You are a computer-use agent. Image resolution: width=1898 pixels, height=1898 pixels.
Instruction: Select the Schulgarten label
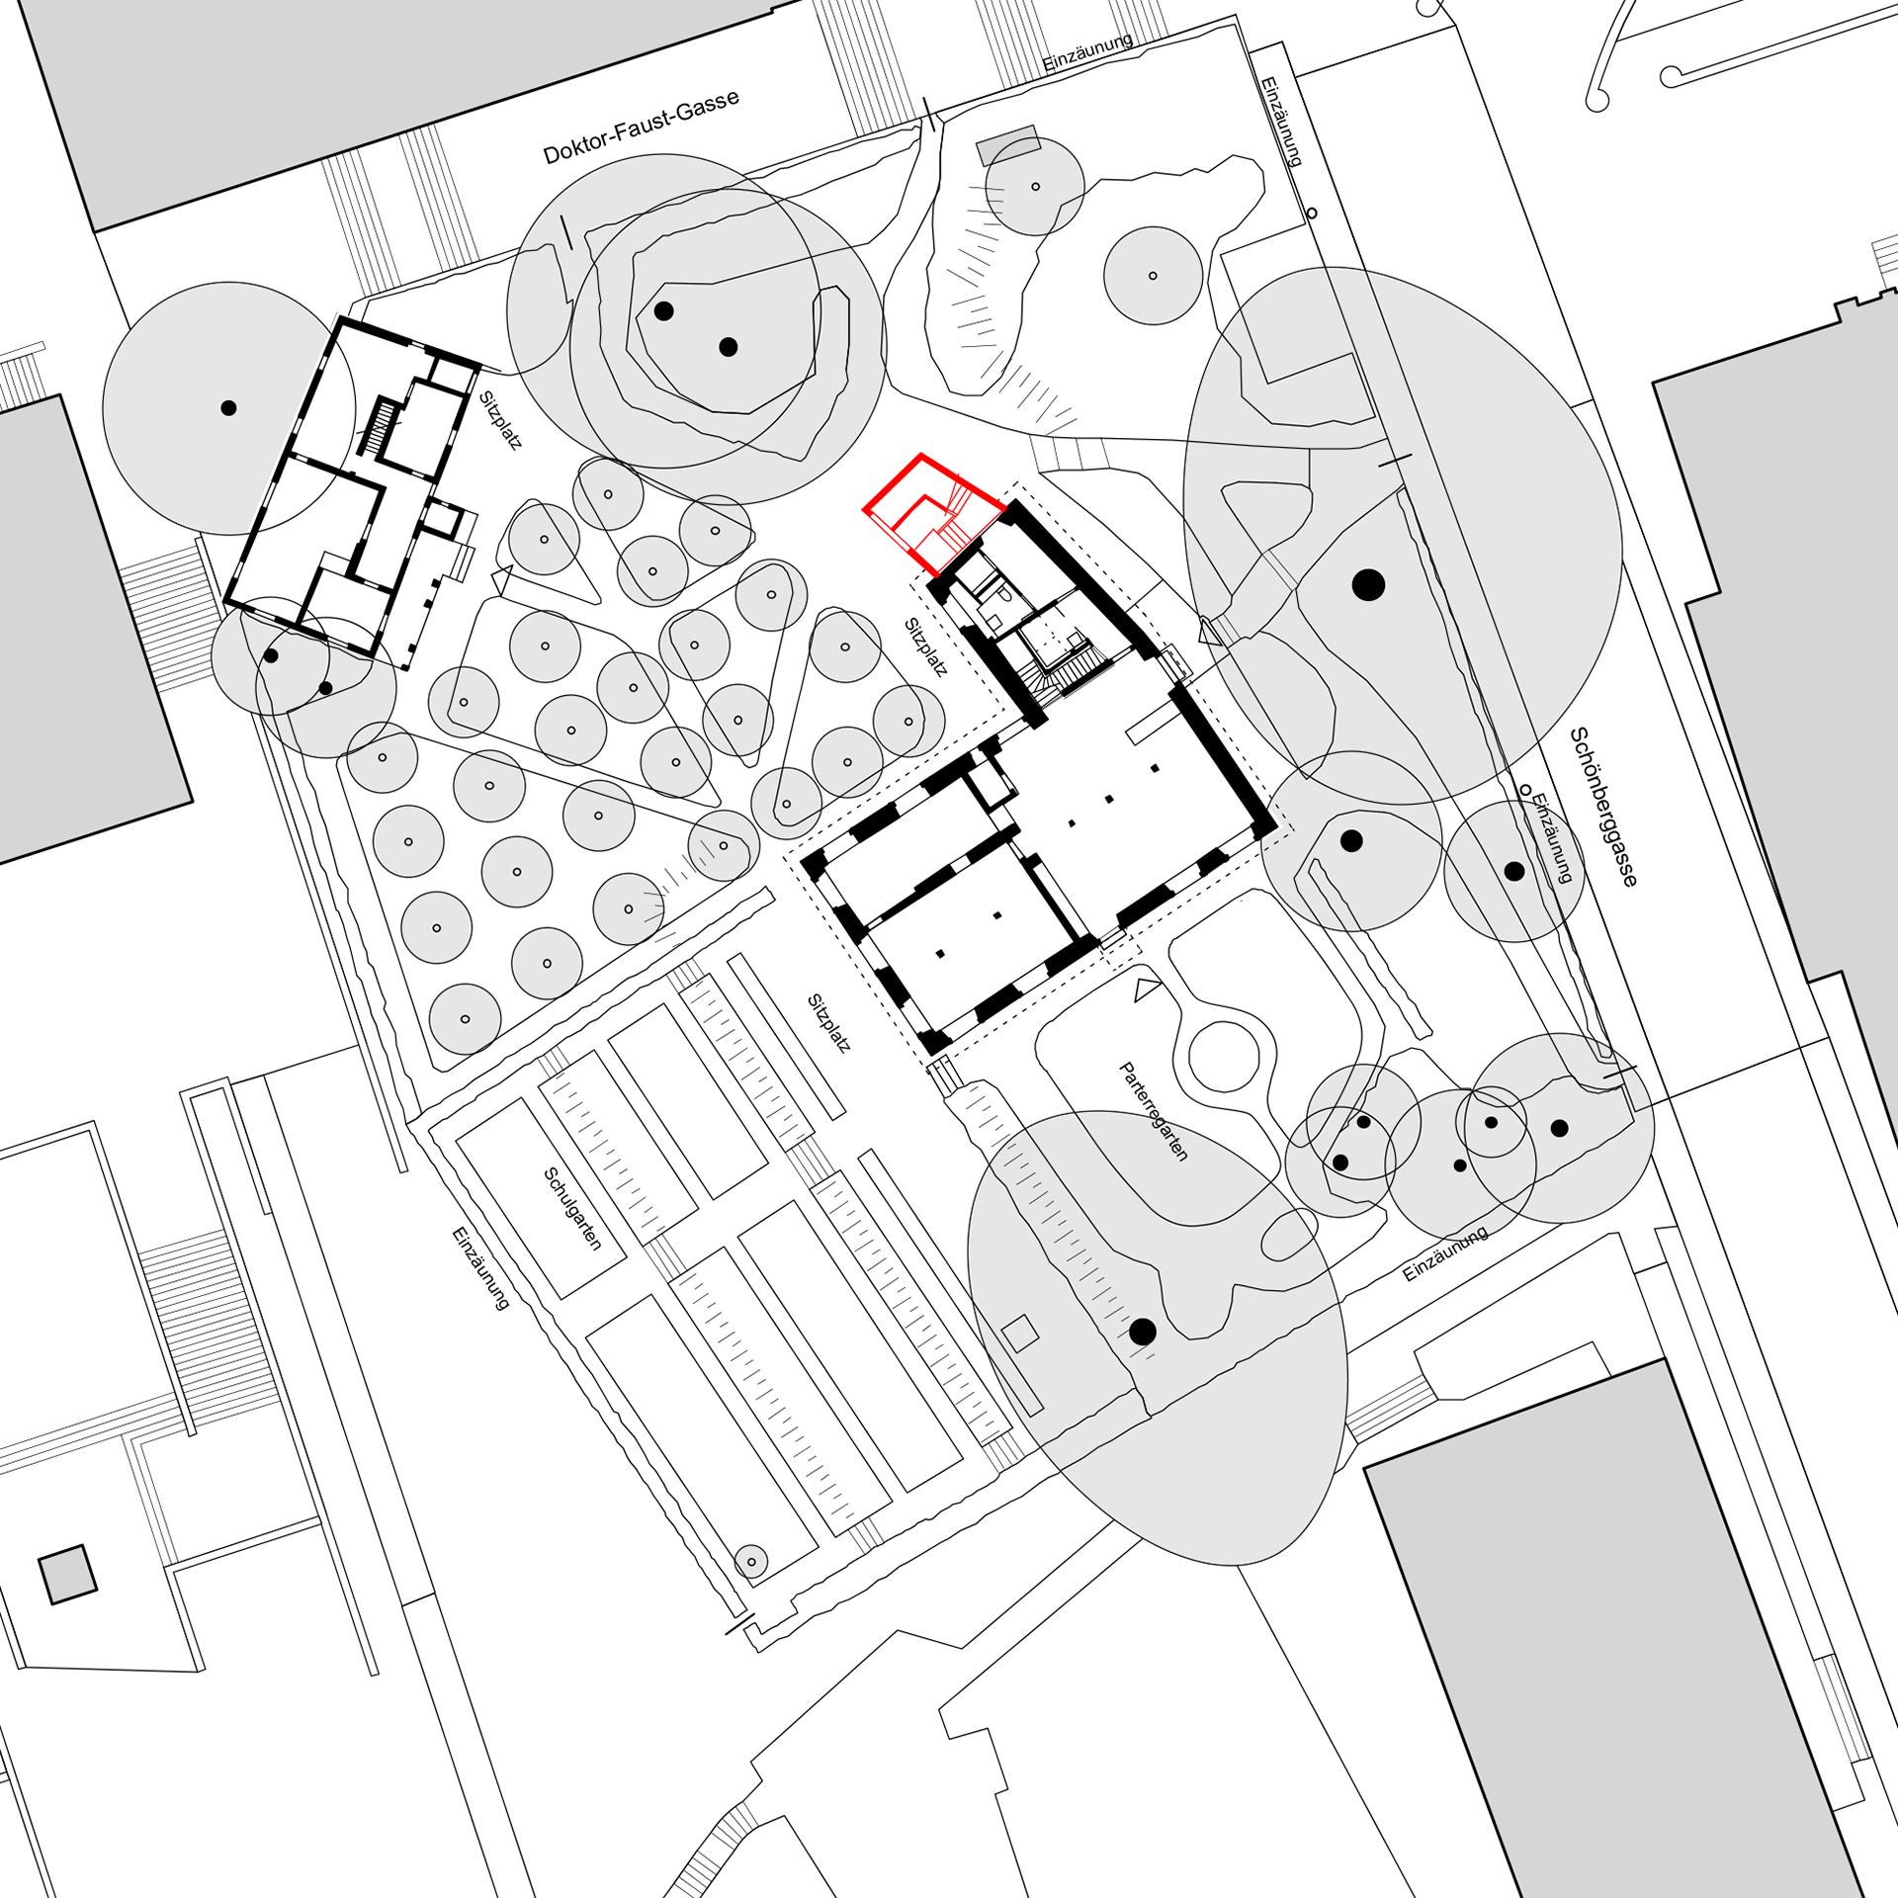tap(572, 1209)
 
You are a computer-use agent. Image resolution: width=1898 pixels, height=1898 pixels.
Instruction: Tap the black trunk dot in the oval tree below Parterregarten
tap(1143, 1332)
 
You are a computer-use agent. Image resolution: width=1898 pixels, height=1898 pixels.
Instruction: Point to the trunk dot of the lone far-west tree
tap(228, 407)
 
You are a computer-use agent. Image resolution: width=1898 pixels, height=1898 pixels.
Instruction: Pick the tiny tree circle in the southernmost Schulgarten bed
tap(751, 1588)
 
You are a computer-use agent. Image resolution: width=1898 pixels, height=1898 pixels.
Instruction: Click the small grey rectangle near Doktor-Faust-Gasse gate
tap(1006, 146)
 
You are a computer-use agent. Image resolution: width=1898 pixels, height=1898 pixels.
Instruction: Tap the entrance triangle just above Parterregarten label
tap(1146, 989)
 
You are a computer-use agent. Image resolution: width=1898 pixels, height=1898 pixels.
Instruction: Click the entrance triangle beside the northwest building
tap(501, 573)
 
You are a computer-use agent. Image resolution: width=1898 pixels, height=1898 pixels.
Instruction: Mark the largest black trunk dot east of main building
tap(1367, 585)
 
